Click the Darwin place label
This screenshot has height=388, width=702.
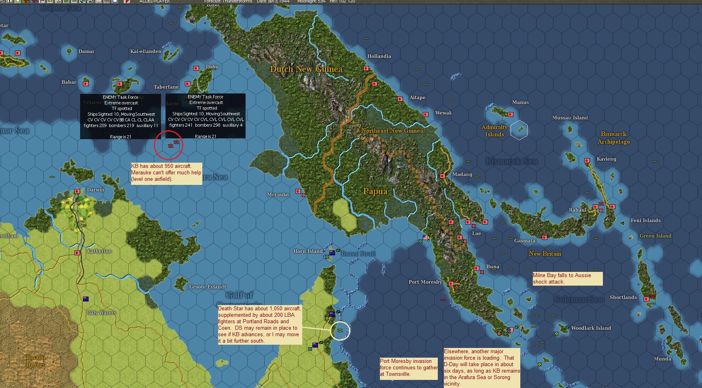pos(95,190)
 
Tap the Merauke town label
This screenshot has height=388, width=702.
pos(278,195)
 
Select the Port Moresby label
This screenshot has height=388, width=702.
pos(425,282)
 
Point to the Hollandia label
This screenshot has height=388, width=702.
pos(379,56)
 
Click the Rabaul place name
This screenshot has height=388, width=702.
pos(577,210)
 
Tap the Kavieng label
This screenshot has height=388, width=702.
pos(606,159)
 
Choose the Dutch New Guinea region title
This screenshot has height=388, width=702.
pos(306,69)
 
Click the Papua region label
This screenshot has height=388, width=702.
pos(375,191)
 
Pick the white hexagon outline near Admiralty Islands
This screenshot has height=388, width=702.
pos(519,130)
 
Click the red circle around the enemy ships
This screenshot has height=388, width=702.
pos(168,145)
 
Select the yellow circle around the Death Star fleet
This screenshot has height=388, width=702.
pos(340,331)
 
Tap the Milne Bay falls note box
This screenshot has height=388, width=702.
pos(567,278)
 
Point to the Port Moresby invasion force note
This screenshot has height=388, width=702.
pos(408,368)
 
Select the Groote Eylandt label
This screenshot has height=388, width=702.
pos(208,287)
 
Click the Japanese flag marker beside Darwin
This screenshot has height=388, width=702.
pos(77,191)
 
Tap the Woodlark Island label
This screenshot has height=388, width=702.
pos(591,328)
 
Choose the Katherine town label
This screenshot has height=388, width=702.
pos(99,251)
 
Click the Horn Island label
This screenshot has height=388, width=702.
pos(308,251)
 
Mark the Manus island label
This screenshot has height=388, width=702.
pos(520,102)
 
